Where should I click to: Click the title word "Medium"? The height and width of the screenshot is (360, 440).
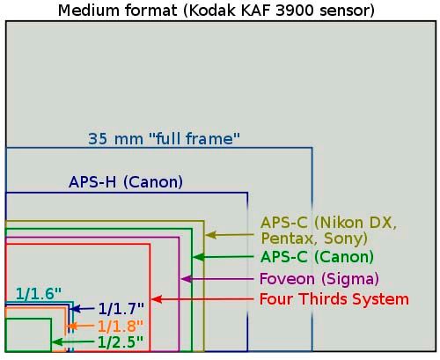click(88, 11)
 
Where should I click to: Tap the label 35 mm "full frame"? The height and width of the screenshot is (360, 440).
click(164, 138)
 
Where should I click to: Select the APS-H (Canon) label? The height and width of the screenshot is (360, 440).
click(126, 182)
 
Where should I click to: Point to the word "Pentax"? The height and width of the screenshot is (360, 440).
click(286, 239)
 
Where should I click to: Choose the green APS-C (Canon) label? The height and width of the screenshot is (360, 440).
click(317, 257)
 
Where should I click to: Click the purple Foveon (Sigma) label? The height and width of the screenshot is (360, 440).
click(319, 278)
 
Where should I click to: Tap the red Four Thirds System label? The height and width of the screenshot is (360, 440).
click(334, 299)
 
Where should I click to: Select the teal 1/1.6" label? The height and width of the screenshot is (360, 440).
click(39, 294)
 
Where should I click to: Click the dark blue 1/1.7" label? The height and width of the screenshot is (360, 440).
click(121, 309)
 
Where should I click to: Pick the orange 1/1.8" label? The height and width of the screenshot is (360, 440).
click(121, 326)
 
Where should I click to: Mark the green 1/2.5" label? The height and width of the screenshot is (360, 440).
click(121, 342)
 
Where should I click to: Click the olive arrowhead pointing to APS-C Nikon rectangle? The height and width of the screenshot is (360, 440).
click(210, 235)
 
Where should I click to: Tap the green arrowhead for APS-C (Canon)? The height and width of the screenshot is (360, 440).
click(198, 257)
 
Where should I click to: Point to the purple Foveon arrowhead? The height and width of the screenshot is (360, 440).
click(186, 279)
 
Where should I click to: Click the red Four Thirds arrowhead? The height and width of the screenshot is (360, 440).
click(157, 299)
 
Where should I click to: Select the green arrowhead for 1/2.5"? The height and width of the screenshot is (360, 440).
click(57, 342)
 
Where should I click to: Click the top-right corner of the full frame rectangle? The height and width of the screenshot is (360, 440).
click(312, 148)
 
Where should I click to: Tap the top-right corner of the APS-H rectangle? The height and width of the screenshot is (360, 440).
click(247, 193)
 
